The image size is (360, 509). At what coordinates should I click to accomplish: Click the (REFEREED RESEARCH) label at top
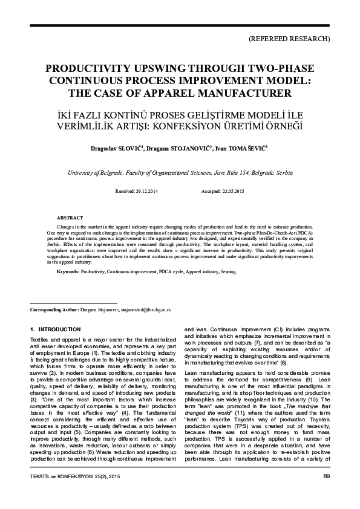(289, 38)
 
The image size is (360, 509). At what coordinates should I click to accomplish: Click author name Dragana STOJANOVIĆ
(182, 149)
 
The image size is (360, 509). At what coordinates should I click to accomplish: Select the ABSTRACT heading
(70, 217)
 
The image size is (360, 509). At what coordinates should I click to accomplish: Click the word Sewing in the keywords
(227, 273)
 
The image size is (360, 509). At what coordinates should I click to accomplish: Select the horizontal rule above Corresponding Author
(73, 302)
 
